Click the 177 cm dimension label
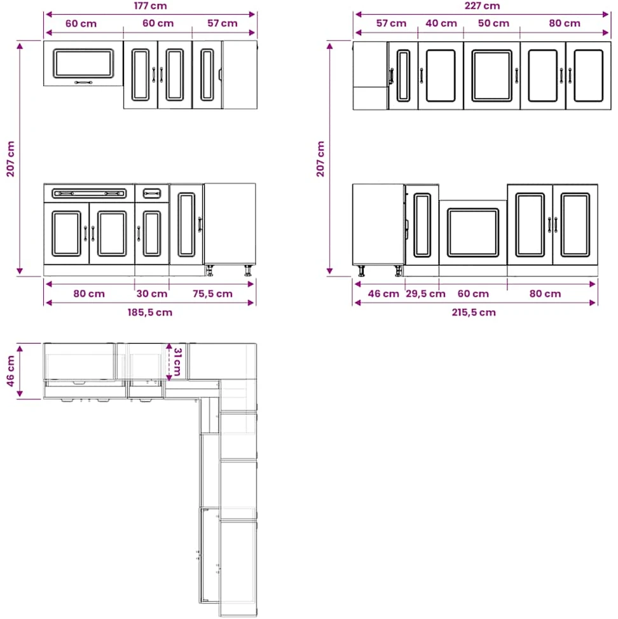150,6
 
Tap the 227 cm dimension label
482,6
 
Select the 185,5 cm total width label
149,312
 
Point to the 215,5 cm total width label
474,312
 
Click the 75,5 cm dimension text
212,294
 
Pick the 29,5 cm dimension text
425,294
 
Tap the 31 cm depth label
177,362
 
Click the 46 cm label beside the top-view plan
10,371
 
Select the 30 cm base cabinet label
151,294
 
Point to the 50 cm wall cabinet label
493,24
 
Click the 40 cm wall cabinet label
441,24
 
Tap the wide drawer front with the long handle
89,193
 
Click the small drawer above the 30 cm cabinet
151,193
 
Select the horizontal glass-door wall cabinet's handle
83,83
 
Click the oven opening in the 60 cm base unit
472,233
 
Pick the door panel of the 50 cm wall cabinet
491,76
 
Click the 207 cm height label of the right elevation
320,159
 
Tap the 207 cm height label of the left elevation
10,159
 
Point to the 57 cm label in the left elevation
223,24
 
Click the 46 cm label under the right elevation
383,294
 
